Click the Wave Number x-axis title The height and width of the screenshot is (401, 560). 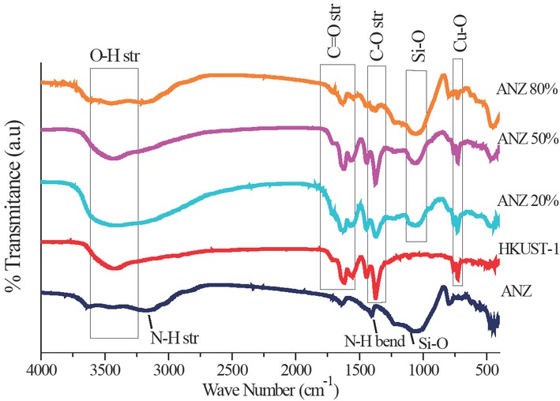click(x=269, y=388)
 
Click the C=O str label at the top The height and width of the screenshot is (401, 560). click(x=335, y=39)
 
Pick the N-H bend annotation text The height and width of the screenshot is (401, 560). click(x=374, y=342)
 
